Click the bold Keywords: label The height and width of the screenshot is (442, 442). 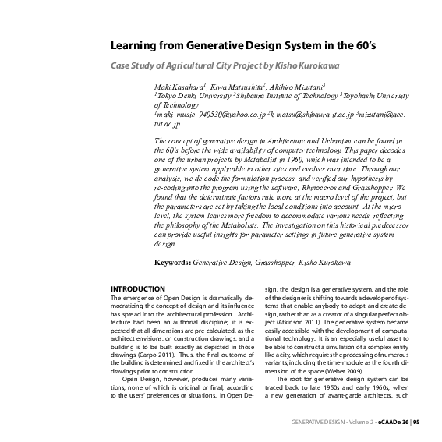[x=171, y=262]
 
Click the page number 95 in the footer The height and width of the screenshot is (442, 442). [x=416, y=422]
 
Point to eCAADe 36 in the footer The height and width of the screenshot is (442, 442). [x=393, y=422]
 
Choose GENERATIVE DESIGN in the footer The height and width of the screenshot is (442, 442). [x=313, y=422]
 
